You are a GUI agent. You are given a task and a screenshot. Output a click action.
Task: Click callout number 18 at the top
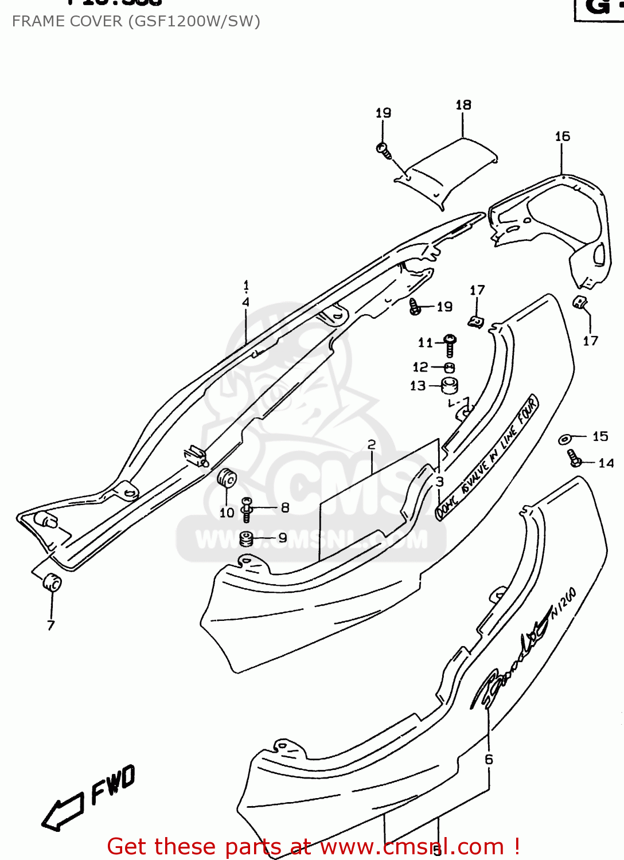click(x=463, y=105)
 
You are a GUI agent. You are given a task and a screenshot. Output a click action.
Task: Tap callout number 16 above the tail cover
click(x=562, y=136)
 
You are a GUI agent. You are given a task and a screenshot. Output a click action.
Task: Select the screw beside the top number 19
click(x=384, y=150)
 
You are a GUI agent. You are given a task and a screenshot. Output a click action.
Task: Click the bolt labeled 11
click(x=450, y=345)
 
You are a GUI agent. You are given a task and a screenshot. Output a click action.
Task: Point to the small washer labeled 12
click(x=450, y=368)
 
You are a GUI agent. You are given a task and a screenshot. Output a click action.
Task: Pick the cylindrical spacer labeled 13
click(x=449, y=386)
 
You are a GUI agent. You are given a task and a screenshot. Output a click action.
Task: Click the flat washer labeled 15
click(x=564, y=439)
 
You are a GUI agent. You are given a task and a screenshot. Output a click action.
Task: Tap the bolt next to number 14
click(x=574, y=458)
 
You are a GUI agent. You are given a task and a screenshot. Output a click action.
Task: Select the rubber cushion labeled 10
click(x=227, y=478)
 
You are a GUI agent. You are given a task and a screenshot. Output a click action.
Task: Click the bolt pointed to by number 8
click(x=247, y=509)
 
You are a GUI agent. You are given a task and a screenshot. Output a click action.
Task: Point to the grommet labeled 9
click(x=246, y=539)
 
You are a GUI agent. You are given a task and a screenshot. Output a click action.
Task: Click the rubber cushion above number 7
click(x=52, y=583)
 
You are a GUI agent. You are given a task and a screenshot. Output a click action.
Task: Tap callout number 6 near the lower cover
click(x=489, y=759)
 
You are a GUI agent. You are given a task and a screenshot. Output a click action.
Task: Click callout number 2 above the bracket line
click(x=372, y=444)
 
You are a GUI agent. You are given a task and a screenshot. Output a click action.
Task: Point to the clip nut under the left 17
click(x=475, y=323)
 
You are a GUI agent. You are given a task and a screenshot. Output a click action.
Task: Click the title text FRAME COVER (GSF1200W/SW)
click(x=136, y=21)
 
